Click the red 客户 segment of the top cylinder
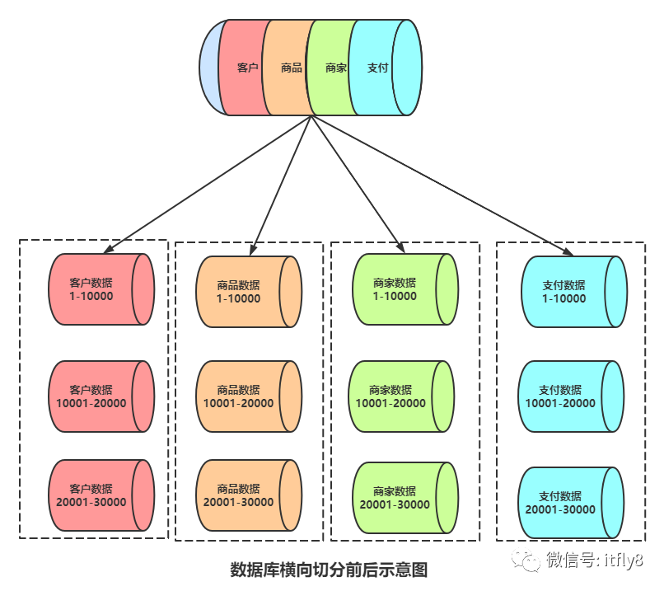(245, 68)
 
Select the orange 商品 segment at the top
(288, 68)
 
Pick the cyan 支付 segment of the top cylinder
(375, 68)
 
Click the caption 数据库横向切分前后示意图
(330, 570)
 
